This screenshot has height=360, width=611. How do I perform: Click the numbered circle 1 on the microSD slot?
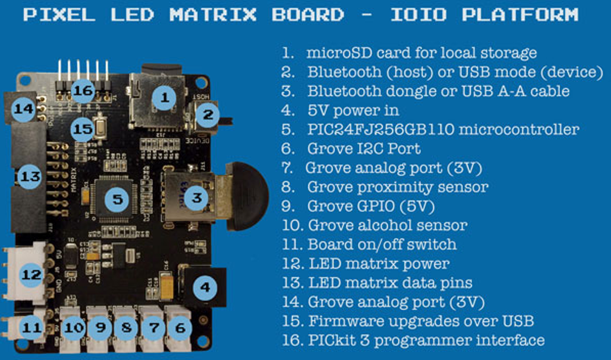click(164, 98)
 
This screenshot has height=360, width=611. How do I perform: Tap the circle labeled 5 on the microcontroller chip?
click(117, 199)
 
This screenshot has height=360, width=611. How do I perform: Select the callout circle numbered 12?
click(32, 274)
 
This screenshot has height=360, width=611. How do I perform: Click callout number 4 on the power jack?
click(205, 287)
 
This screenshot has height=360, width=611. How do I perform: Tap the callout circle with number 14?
click(24, 109)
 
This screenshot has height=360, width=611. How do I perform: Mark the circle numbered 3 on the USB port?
click(196, 197)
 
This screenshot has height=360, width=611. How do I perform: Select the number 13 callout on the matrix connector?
click(29, 177)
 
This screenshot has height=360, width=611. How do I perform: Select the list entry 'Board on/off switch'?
click(382, 244)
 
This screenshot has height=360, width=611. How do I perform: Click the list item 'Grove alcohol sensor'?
click(387, 225)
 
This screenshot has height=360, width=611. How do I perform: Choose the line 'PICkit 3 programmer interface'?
click(426, 340)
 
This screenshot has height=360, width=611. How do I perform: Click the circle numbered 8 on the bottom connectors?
click(127, 328)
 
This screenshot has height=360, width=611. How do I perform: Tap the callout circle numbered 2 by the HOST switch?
click(208, 115)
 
